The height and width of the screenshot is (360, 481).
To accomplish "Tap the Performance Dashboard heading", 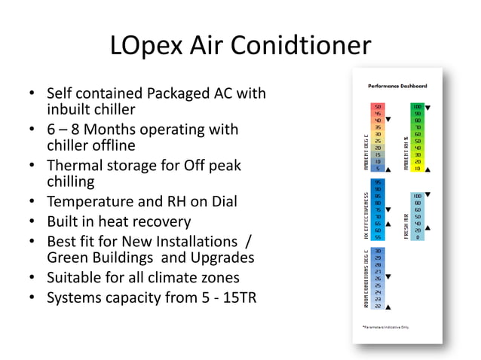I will pyautogui.click(x=397, y=87).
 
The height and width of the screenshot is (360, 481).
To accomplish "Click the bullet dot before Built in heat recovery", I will pyautogui.click(x=31, y=222).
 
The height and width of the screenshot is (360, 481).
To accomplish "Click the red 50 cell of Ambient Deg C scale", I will pyautogui.click(x=378, y=107).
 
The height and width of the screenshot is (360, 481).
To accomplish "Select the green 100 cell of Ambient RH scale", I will pyautogui.click(x=417, y=107).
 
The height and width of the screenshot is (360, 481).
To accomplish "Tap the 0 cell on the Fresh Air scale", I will pyautogui.click(x=417, y=237).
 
